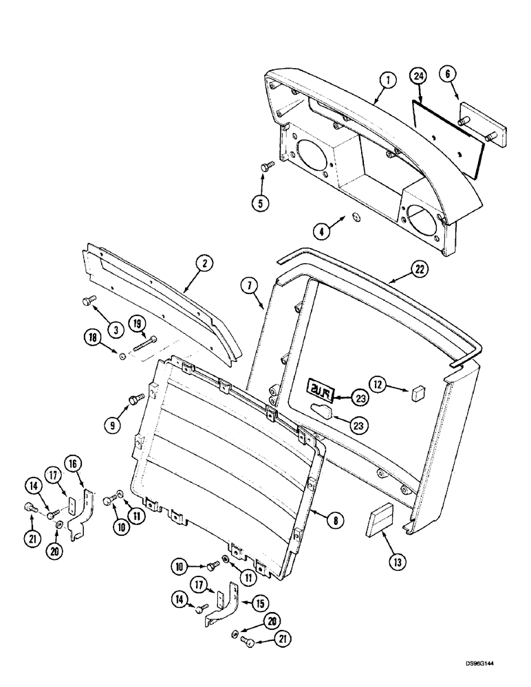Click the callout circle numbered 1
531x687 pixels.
tap(388, 80)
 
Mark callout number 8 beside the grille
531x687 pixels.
tap(336, 521)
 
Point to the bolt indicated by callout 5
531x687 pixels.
tap(268, 166)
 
